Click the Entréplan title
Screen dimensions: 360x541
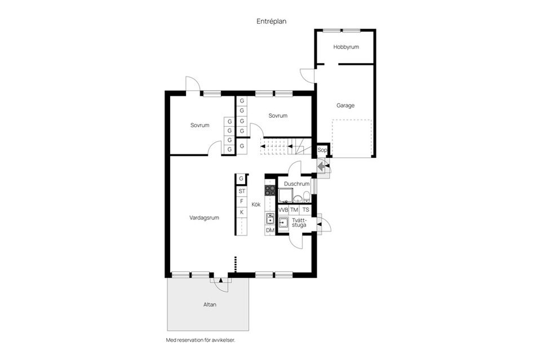click(272, 21)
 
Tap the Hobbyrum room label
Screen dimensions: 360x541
click(346, 47)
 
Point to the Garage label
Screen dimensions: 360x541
click(345, 105)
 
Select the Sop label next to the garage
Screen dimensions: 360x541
click(322, 150)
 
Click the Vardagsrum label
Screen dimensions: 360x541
click(204, 217)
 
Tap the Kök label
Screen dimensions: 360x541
click(256, 205)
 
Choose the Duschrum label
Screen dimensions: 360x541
click(297, 184)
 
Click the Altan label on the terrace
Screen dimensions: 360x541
click(210, 305)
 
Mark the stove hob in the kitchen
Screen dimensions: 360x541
click(270, 190)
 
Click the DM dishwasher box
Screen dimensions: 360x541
click(270, 230)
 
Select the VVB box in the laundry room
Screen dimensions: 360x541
click(283, 210)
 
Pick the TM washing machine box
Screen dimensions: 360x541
click(294, 210)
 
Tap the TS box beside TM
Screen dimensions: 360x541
click(305, 210)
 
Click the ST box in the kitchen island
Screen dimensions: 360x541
click(241, 191)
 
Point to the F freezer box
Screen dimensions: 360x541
click(241, 201)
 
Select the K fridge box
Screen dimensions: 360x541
click(241, 212)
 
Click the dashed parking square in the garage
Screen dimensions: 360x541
click(352, 138)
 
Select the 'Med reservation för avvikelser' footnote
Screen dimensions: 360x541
click(200, 340)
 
